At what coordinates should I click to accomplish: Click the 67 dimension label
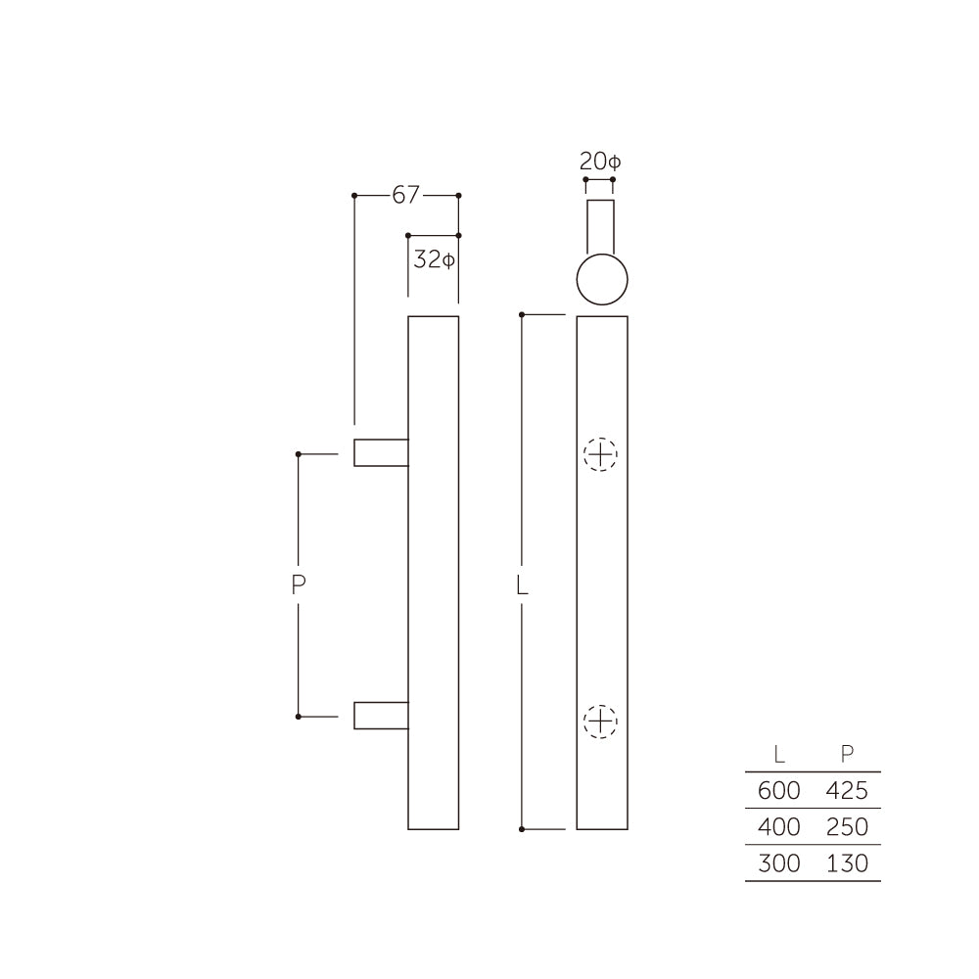[405, 196]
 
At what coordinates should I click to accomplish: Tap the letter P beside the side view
[300, 585]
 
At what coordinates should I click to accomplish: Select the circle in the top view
[601, 280]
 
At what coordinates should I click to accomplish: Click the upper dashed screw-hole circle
[601, 454]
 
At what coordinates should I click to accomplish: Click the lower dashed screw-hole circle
[601, 722]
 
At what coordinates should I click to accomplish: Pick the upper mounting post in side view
[380, 452]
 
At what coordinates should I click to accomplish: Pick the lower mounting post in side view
[380, 715]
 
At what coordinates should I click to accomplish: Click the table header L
[778, 754]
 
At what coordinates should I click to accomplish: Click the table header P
[847, 754]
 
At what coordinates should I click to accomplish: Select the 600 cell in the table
[778, 790]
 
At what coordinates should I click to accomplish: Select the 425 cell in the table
[847, 790]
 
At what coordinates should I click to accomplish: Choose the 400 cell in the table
[778, 827]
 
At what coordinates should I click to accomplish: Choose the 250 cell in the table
[847, 827]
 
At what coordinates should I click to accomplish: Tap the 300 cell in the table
[778, 863]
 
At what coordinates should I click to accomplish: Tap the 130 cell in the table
[847, 863]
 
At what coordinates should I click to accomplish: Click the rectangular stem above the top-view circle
[600, 225]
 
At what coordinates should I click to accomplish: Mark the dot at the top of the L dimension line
[523, 314]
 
